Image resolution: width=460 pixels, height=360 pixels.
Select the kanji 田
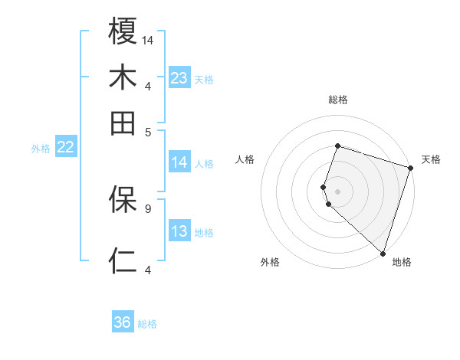pos(123,123)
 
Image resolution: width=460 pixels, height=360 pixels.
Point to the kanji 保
pos(123,199)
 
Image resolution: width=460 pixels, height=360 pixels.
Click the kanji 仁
pos(123,260)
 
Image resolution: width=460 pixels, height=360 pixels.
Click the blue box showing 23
pos(179,78)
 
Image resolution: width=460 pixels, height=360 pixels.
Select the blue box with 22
pos(65,147)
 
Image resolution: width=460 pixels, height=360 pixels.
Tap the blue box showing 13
pos(179,231)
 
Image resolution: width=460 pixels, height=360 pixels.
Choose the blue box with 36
pos(123,322)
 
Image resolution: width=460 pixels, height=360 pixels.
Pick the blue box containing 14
pos(179,162)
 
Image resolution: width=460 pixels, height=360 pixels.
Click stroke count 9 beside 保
pos(147,208)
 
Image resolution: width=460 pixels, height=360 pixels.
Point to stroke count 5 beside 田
pos(147,131)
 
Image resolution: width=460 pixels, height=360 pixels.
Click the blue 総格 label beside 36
pos(147,324)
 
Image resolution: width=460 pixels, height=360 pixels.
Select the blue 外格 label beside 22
pos(41,149)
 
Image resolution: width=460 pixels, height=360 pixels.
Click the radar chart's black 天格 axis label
pos(431,159)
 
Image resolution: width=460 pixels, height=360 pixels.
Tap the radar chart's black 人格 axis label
pos(245,159)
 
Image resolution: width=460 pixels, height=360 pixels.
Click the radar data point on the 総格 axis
pos(337,146)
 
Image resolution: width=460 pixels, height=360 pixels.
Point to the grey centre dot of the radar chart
pos(337,190)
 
